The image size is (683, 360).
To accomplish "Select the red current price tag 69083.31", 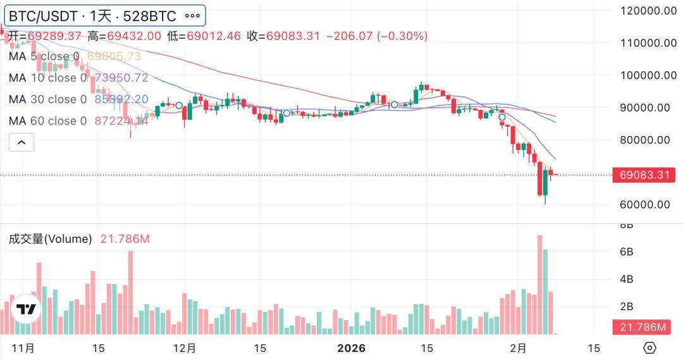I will (x=641, y=175).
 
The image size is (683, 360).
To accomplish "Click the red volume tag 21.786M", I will (x=641, y=327).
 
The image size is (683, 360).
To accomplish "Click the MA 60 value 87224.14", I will (x=121, y=121).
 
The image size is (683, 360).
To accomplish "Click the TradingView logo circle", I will (x=26, y=309).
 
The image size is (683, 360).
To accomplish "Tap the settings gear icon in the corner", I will (x=649, y=348).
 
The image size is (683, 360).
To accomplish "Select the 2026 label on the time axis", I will (x=352, y=348).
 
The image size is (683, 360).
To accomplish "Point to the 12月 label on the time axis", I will (x=185, y=348).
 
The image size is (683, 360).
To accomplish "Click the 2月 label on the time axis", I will (x=519, y=348).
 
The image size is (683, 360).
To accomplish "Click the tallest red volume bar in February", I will (x=539, y=285).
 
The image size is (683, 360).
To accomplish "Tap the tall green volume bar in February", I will (x=545, y=291).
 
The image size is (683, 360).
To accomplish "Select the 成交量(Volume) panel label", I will (x=51, y=239).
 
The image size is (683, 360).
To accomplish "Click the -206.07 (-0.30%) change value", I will (x=376, y=36).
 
